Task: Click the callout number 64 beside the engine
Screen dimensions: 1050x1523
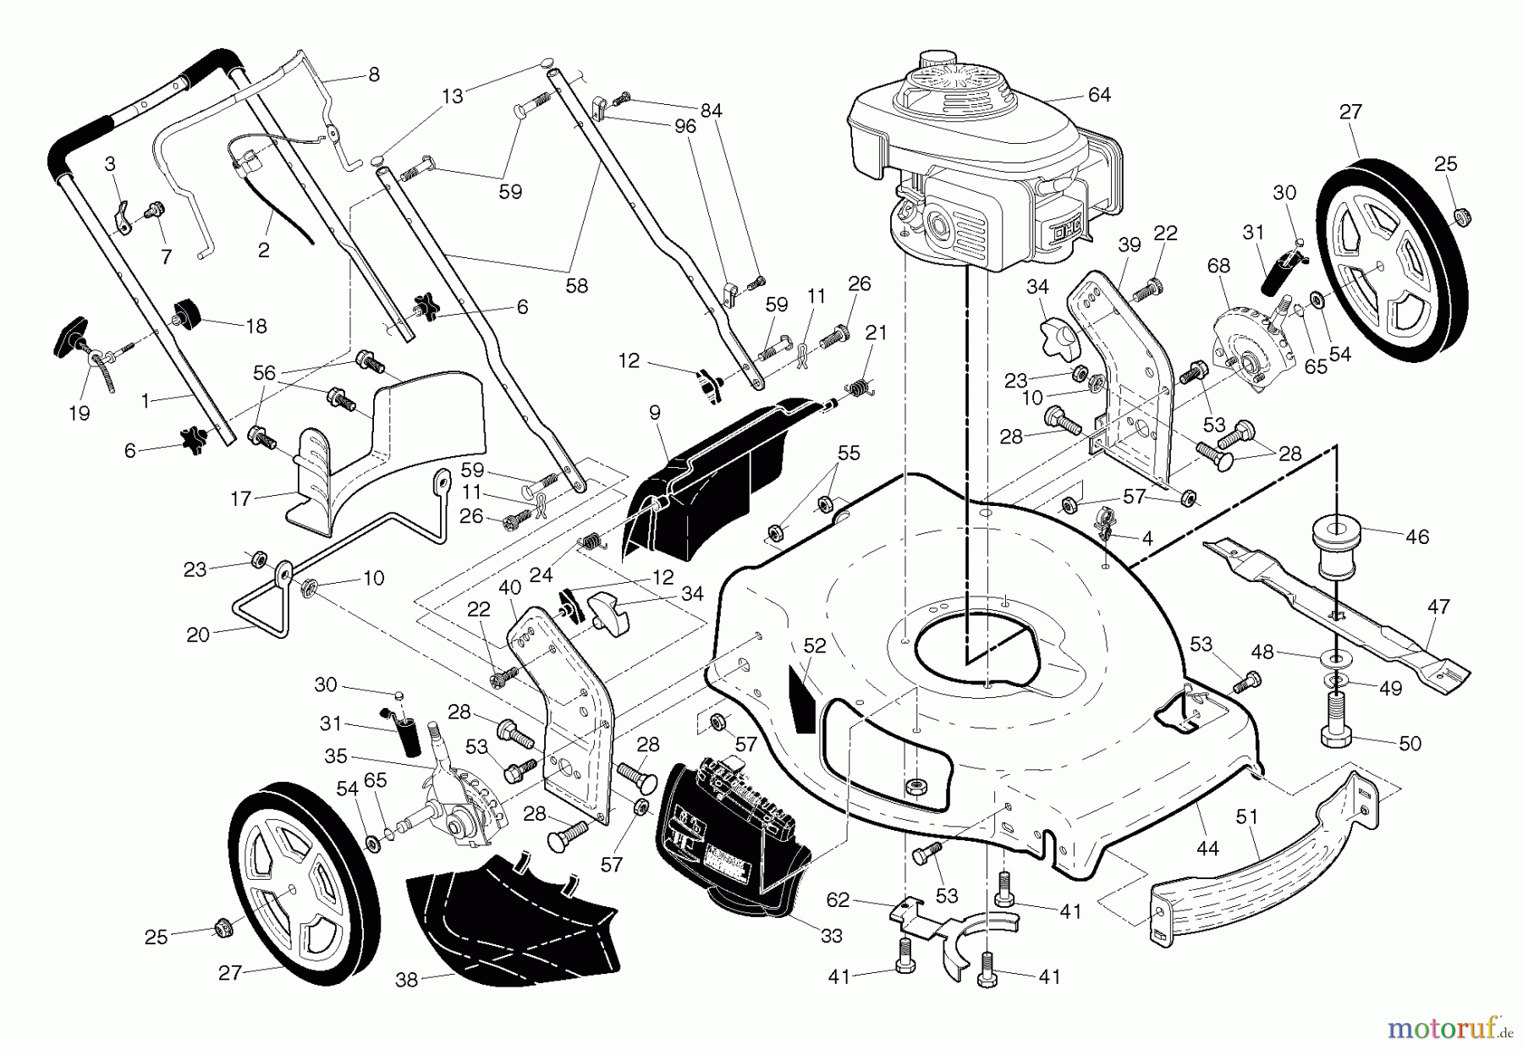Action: pyautogui.click(x=1098, y=96)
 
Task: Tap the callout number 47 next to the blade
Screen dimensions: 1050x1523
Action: pyautogui.click(x=1438, y=607)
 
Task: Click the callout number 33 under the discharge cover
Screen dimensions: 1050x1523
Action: pyautogui.click(x=832, y=935)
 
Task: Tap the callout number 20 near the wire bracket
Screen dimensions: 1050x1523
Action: pyautogui.click(x=197, y=635)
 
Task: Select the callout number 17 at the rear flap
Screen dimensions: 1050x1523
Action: pyautogui.click(x=241, y=499)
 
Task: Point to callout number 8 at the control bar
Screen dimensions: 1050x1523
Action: pyautogui.click(x=373, y=74)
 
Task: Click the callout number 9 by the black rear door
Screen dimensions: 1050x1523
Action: pyautogui.click(x=654, y=413)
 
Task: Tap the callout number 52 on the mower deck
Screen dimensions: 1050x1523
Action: pyautogui.click(x=814, y=646)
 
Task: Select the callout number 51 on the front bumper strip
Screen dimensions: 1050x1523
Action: pyautogui.click(x=1246, y=816)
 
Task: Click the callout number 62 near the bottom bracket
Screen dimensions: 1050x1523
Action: pyautogui.click(x=837, y=900)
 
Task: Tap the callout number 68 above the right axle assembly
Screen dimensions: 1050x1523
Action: pyautogui.click(x=1218, y=266)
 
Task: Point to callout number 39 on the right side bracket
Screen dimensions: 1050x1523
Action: pyautogui.click(x=1129, y=245)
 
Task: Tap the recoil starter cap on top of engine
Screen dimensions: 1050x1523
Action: pyautogui.click(x=936, y=61)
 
